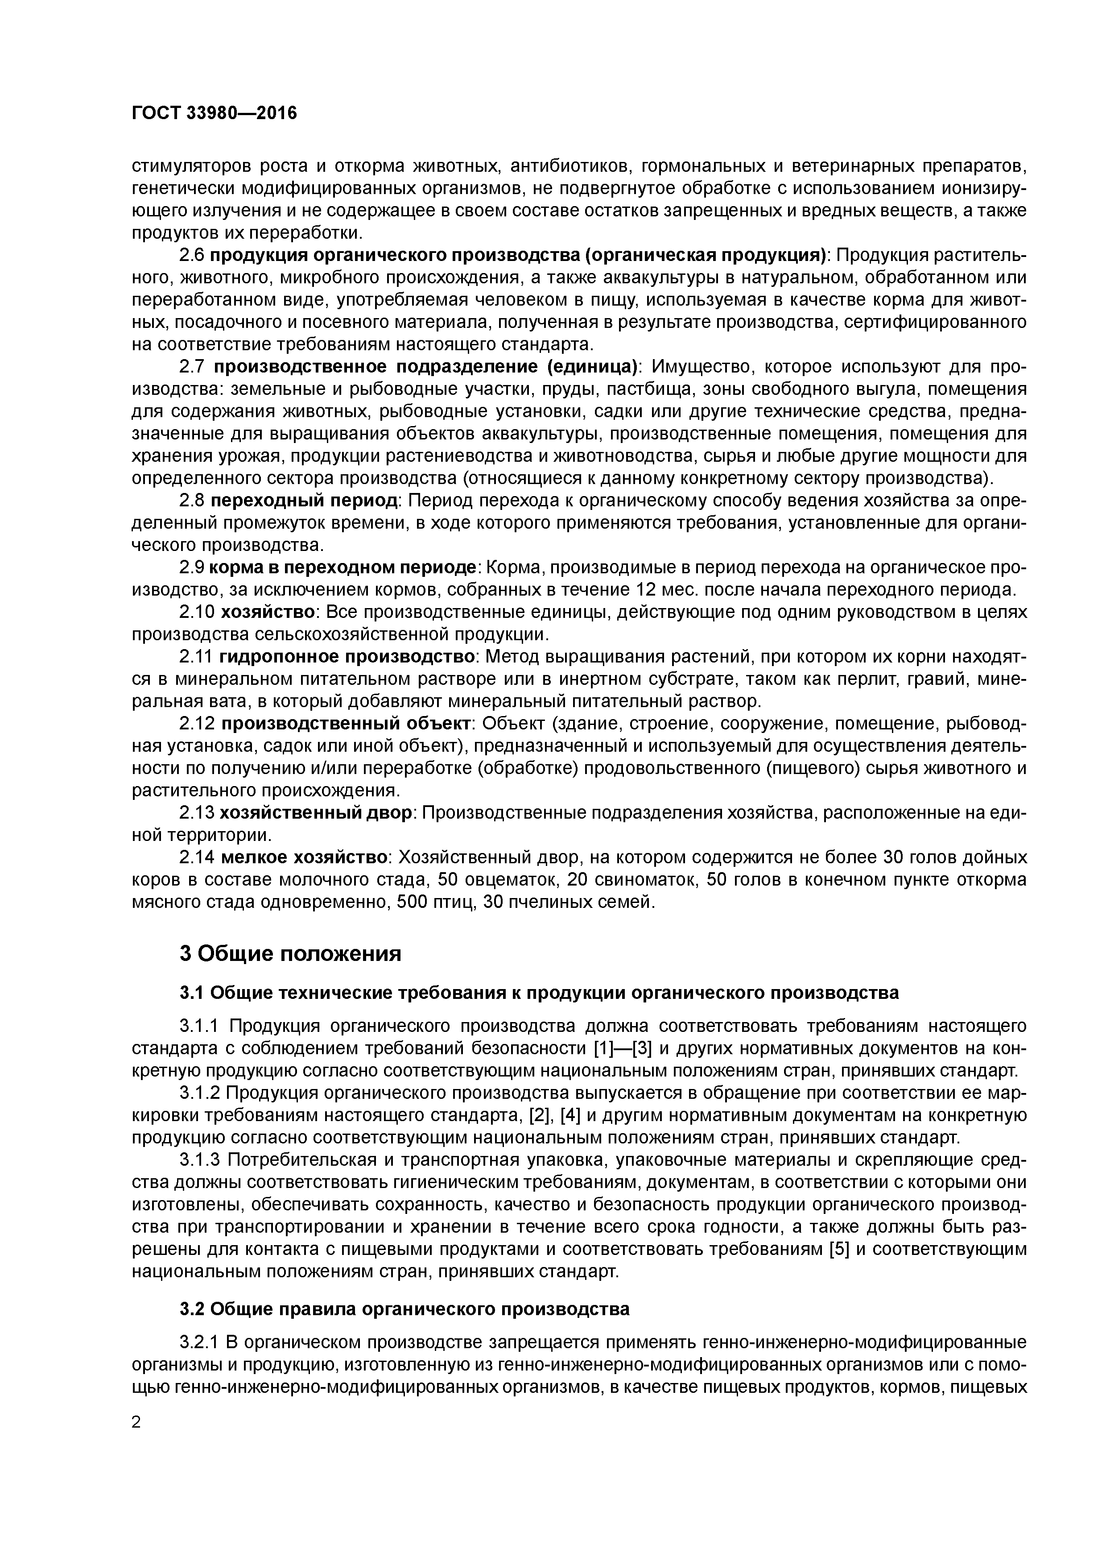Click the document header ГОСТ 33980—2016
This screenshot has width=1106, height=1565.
(x=214, y=113)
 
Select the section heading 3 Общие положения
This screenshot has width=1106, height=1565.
(x=290, y=953)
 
